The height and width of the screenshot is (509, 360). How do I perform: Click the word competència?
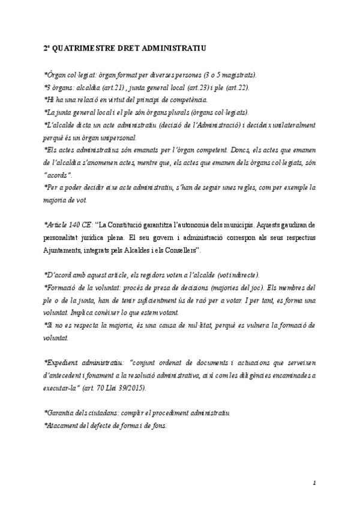tap(186, 99)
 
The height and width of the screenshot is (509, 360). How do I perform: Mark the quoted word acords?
tap(58, 175)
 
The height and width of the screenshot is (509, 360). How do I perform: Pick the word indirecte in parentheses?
tap(240, 275)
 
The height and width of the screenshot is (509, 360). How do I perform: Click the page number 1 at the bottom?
tap(314, 482)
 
